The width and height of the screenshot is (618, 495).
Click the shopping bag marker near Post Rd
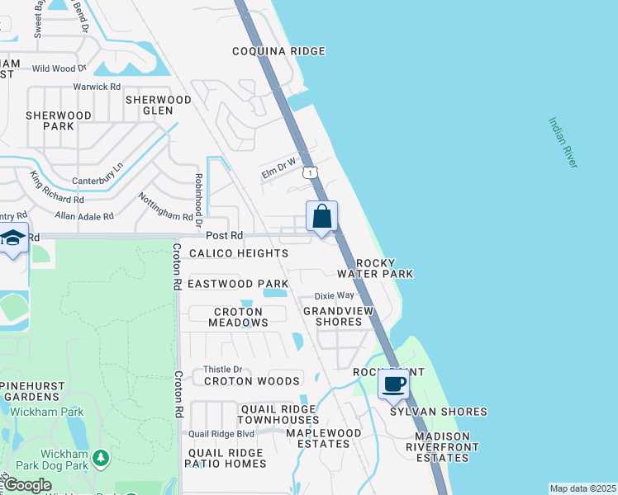tap(322, 217)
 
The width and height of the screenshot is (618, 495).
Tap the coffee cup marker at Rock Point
tap(394, 384)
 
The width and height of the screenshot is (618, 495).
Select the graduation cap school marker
tap(13, 238)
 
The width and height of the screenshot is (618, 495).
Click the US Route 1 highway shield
tap(309, 172)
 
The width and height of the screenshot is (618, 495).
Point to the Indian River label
tap(561, 142)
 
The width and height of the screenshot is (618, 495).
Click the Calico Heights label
tap(239, 253)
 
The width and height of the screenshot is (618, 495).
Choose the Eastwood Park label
tap(237, 283)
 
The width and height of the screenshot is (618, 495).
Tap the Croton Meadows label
tap(238, 317)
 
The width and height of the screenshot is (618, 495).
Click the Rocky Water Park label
tap(375, 267)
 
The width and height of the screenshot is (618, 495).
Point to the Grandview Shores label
tap(344, 316)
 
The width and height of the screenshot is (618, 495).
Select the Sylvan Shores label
tap(438, 411)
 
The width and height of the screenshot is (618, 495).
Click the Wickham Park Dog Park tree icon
tap(101, 456)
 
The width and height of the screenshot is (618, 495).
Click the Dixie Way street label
tap(334, 295)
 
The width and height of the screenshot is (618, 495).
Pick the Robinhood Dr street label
tap(198, 200)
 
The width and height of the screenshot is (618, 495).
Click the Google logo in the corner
tap(27, 485)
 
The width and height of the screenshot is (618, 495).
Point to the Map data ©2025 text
tap(582, 488)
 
